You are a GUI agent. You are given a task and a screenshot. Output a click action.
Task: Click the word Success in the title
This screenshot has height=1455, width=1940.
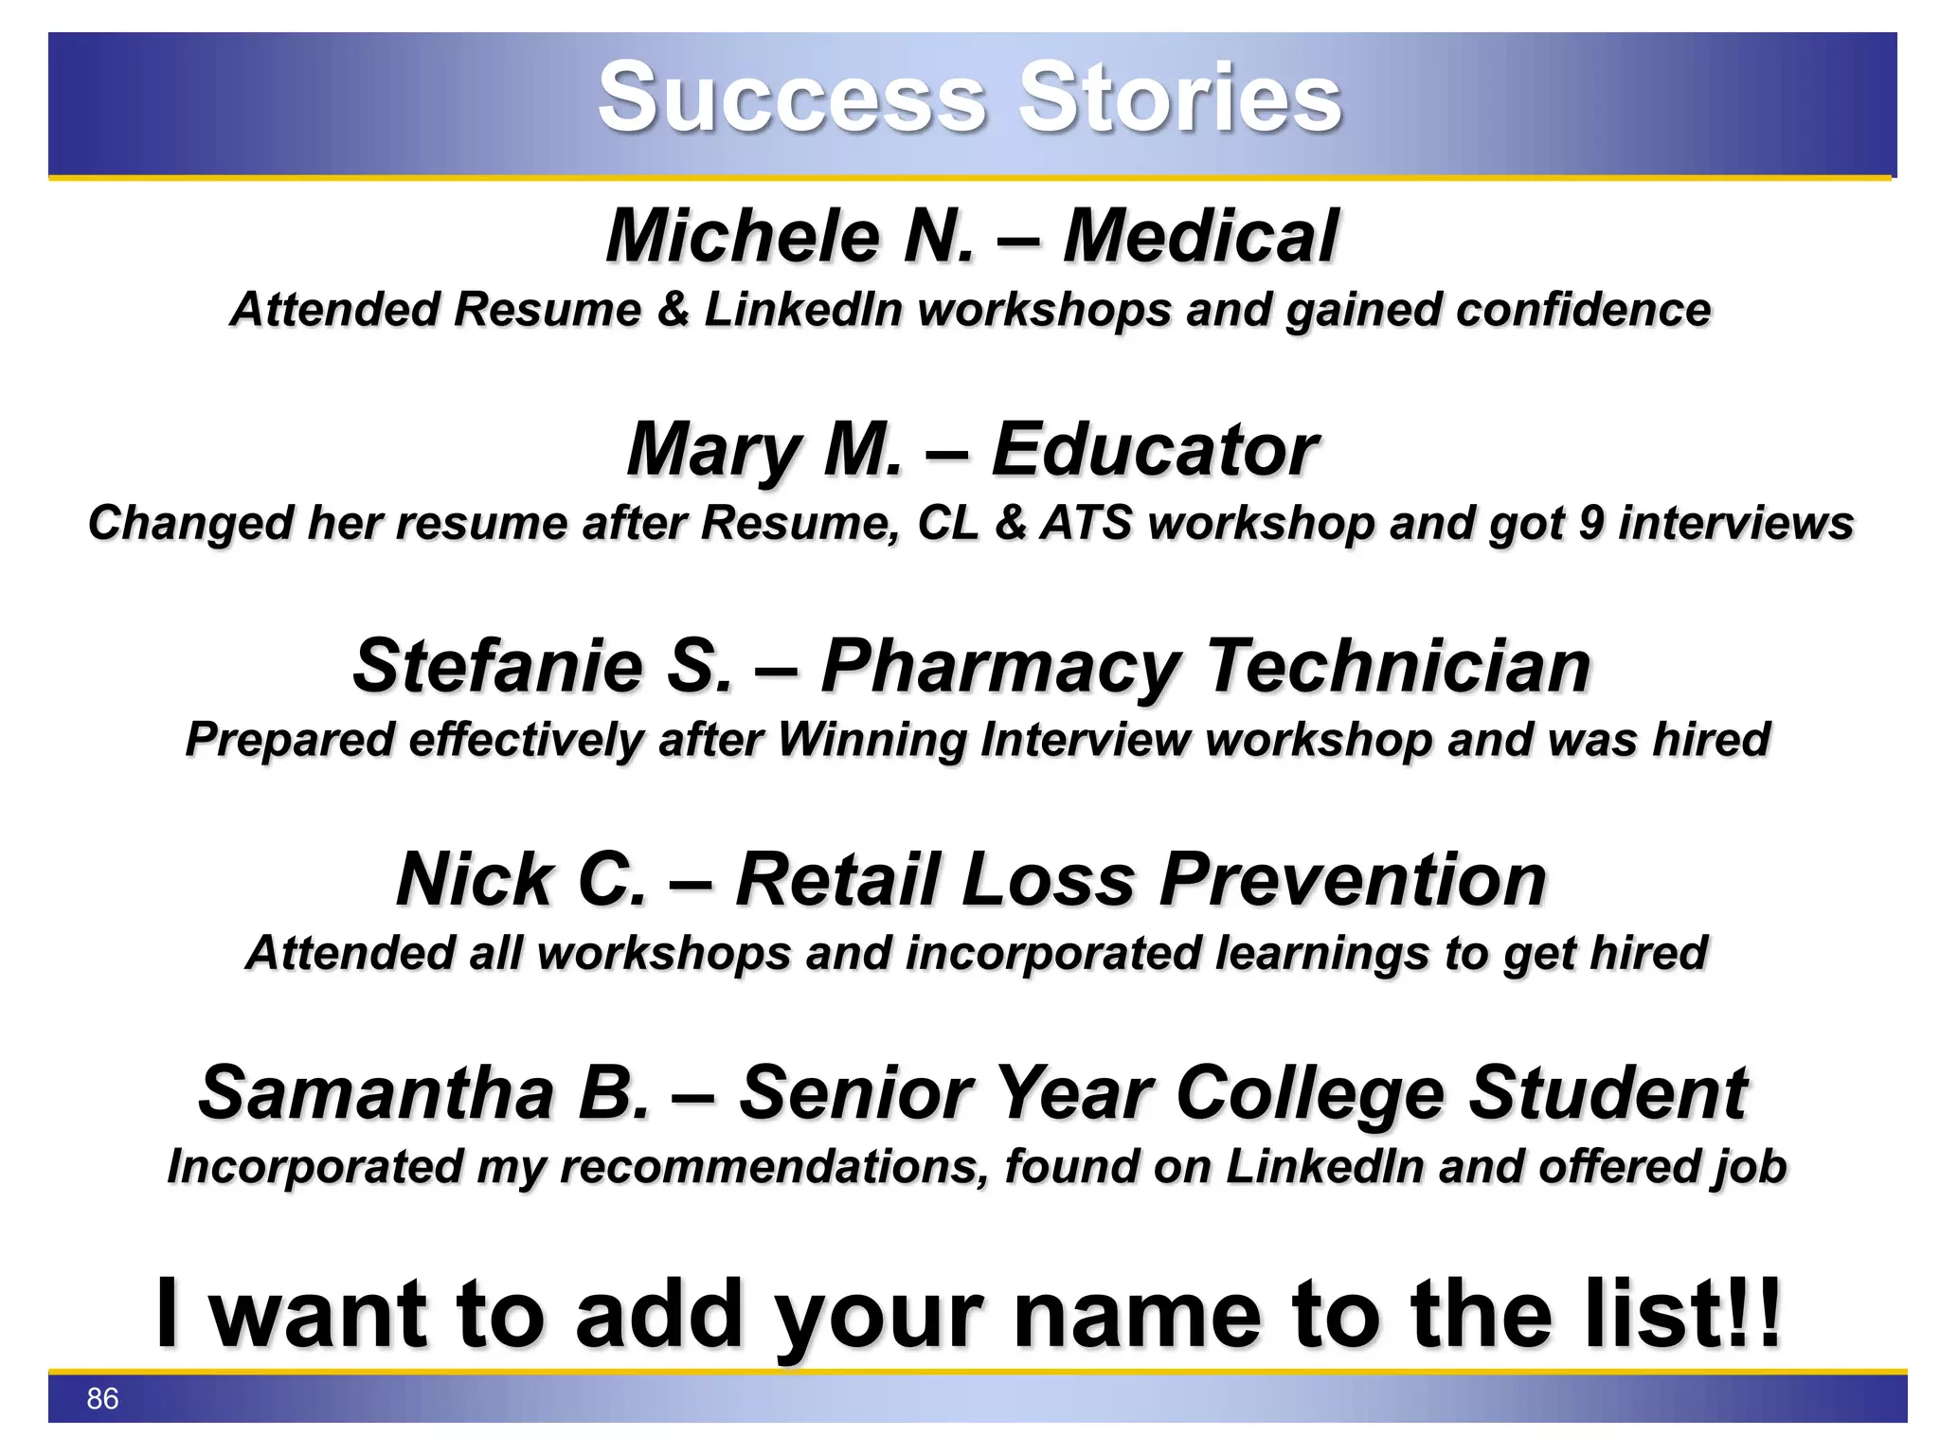pyautogui.click(x=792, y=98)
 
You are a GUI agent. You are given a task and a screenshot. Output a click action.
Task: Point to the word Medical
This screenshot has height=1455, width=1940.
pyautogui.click(x=1200, y=236)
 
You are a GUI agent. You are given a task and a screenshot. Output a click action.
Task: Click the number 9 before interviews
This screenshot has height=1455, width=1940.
pyautogui.click(x=1591, y=523)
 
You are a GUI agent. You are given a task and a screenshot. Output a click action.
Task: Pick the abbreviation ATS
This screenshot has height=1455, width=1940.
pyautogui.click(x=1087, y=523)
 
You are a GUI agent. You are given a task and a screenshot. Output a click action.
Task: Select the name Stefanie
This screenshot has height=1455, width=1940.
pyautogui.click(x=498, y=666)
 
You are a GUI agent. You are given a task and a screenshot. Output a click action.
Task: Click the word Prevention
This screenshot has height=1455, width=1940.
pyautogui.click(x=1353, y=880)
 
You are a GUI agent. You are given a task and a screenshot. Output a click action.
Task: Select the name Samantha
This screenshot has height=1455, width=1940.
pyautogui.click(x=376, y=1093)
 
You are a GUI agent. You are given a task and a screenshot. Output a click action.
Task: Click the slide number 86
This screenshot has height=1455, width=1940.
pyautogui.click(x=102, y=1399)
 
